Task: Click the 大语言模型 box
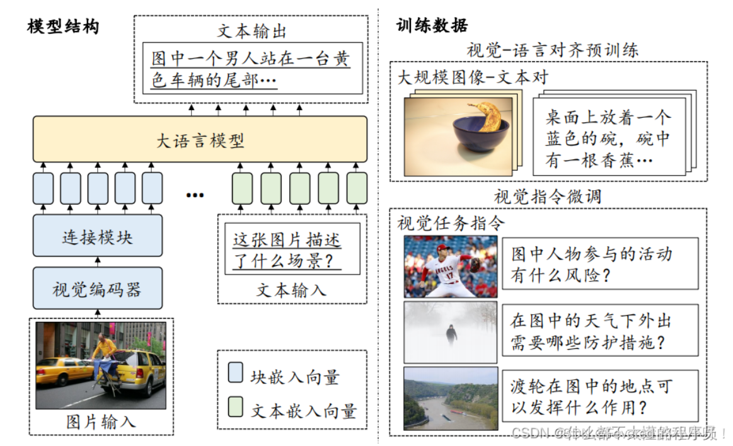tap(200, 139)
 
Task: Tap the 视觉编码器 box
tap(97, 289)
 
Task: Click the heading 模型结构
tap(63, 26)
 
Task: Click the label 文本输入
tap(291, 290)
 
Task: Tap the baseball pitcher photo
tap(450, 266)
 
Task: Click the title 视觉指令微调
tap(548, 196)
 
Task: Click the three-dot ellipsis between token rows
tap(195, 195)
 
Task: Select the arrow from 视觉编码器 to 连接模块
tap(97, 261)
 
